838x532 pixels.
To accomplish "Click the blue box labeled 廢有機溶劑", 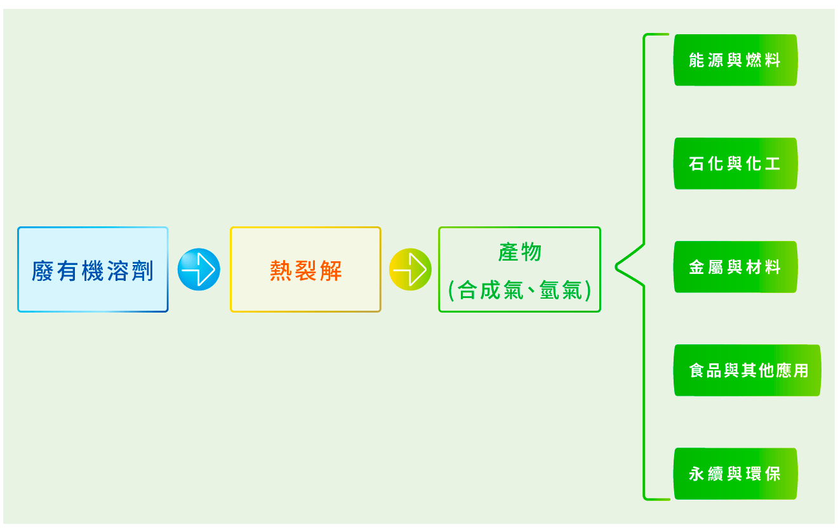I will click(x=93, y=269).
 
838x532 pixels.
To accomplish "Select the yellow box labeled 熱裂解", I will click(x=305, y=269).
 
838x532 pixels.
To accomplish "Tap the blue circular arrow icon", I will click(x=199, y=269).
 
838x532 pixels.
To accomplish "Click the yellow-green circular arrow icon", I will click(x=410, y=269).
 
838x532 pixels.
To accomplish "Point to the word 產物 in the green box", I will click(x=519, y=252).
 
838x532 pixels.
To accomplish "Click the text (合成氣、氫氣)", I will click(x=519, y=290).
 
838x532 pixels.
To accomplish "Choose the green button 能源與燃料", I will click(x=735, y=60).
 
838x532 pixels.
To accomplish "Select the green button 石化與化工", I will click(x=735, y=164).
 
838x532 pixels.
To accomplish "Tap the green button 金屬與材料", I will click(x=735, y=267).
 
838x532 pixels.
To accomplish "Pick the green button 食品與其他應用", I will click(x=747, y=370).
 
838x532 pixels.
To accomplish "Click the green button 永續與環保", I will click(x=735, y=474).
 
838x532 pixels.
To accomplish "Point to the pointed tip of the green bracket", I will click(x=616, y=267).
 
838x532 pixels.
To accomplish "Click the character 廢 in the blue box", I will click(x=42, y=271).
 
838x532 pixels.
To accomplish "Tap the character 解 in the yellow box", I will click(x=331, y=271).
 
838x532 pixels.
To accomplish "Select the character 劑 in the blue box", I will click(x=143, y=271).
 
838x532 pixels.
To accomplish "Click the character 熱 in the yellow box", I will click(x=281, y=271).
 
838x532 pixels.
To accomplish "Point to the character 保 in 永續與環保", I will click(x=772, y=474).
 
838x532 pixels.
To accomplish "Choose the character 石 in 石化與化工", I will click(x=696, y=164).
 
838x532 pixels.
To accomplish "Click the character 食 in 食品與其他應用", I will click(x=697, y=370).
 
